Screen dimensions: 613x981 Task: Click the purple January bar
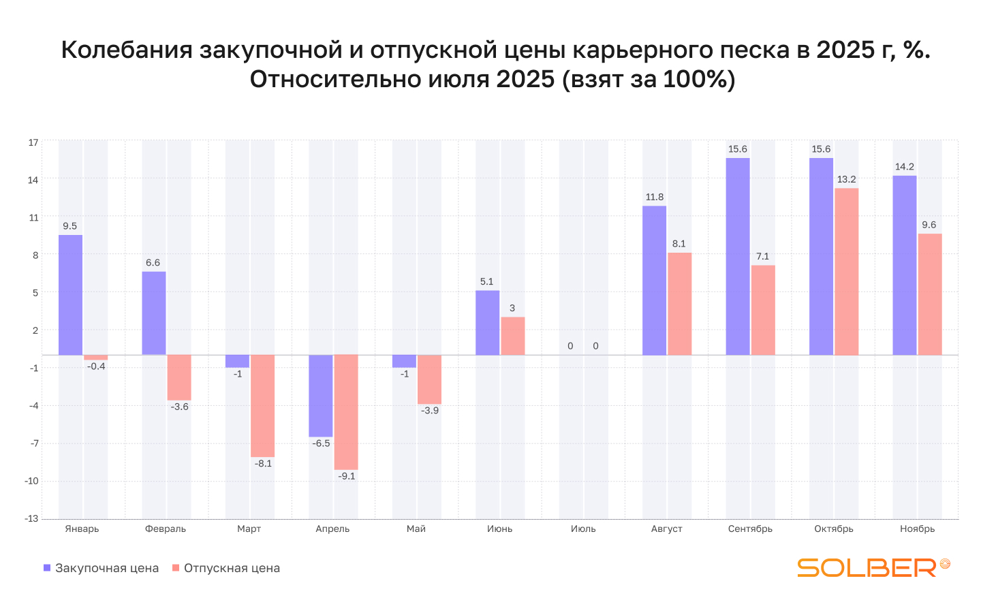point(70,295)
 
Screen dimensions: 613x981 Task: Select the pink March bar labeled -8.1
point(262,406)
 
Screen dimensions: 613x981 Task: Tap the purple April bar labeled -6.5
point(320,396)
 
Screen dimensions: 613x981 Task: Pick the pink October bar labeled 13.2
point(846,271)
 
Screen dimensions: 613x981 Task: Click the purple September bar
point(738,256)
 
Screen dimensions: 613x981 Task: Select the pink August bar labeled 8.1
point(679,304)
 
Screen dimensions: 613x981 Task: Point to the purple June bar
point(487,323)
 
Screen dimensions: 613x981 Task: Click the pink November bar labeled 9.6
point(929,294)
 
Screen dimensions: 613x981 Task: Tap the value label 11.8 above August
point(655,198)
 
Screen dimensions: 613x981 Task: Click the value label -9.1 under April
point(347,476)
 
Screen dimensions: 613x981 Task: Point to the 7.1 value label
point(762,257)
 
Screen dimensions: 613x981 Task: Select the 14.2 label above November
point(905,167)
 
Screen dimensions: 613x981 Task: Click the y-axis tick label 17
point(33,142)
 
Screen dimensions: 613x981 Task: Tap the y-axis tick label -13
point(31,518)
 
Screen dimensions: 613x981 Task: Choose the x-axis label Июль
point(583,529)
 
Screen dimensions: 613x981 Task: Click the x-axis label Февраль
point(166,529)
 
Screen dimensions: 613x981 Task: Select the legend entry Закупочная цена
point(102,568)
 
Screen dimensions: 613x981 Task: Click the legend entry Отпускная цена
point(226,568)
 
